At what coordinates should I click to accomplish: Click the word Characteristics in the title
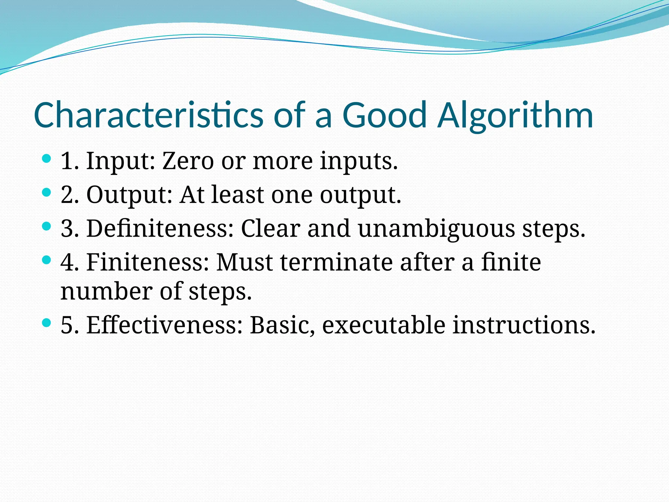[x=148, y=115]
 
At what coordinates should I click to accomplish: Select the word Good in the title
[x=385, y=115]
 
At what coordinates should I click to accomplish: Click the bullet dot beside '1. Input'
[x=47, y=159]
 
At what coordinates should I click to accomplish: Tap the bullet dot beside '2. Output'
[x=47, y=193]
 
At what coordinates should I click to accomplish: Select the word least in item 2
[x=237, y=195]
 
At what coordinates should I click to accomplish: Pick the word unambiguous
[x=436, y=228]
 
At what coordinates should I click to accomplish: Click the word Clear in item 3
[x=270, y=228]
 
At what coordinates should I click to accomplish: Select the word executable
[x=383, y=325]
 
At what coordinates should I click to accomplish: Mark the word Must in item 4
[x=244, y=262]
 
